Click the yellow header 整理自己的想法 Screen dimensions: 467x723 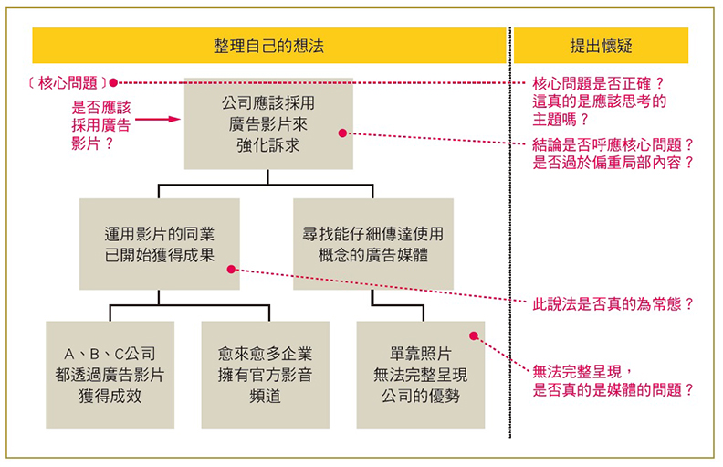268,45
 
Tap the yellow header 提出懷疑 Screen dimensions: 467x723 601,45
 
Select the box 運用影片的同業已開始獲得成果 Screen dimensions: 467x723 159,244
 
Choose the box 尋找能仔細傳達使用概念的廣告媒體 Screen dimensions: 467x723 372,244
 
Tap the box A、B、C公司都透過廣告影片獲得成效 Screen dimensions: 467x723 110,374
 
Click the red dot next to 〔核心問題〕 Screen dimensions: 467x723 113,82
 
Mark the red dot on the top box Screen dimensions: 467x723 342,133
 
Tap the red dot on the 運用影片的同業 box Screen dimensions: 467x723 231,270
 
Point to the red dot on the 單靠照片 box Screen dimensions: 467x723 473,334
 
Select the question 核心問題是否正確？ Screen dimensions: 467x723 598,83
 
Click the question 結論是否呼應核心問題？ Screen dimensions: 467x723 613,144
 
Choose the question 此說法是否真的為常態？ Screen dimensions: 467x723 613,304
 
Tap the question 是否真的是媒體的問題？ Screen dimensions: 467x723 613,389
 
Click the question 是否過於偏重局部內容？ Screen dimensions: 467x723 613,163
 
